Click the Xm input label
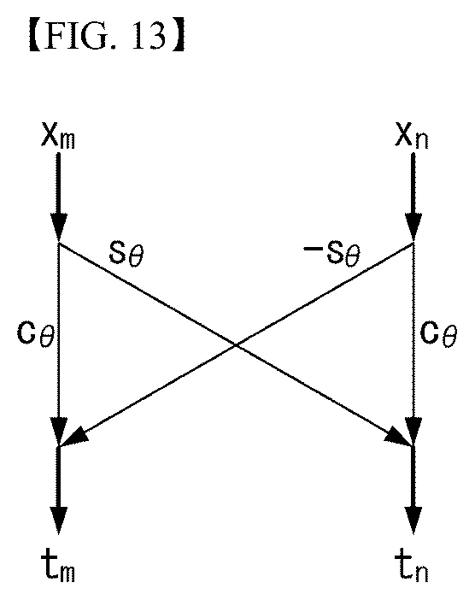58,137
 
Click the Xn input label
412,137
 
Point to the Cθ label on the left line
36,333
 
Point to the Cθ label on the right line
438,333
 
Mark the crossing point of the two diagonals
237,345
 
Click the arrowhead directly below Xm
58,226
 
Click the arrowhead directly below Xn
413,226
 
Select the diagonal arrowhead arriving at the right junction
398,438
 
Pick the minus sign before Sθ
311,249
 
